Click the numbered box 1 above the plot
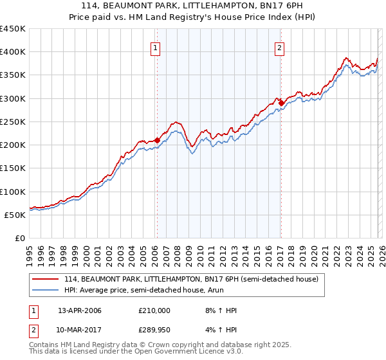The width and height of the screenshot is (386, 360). pyautogui.click(x=156, y=47)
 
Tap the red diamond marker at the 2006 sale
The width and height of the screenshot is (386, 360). pyautogui.click(x=157, y=139)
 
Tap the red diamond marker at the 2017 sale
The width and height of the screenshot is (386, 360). pyautogui.click(x=281, y=102)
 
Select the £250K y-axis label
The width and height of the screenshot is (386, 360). pyautogui.click(x=13, y=122)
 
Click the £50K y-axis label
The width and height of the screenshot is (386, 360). pyautogui.click(x=15, y=215)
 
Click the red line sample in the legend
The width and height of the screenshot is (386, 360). pyautogui.click(x=46, y=279)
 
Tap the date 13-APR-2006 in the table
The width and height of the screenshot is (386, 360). pyautogui.click(x=79, y=310)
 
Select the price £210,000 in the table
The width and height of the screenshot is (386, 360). pyautogui.click(x=154, y=310)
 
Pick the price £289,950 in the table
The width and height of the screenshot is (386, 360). pyautogui.click(x=154, y=330)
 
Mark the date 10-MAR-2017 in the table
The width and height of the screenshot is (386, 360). pyautogui.click(x=79, y=330)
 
